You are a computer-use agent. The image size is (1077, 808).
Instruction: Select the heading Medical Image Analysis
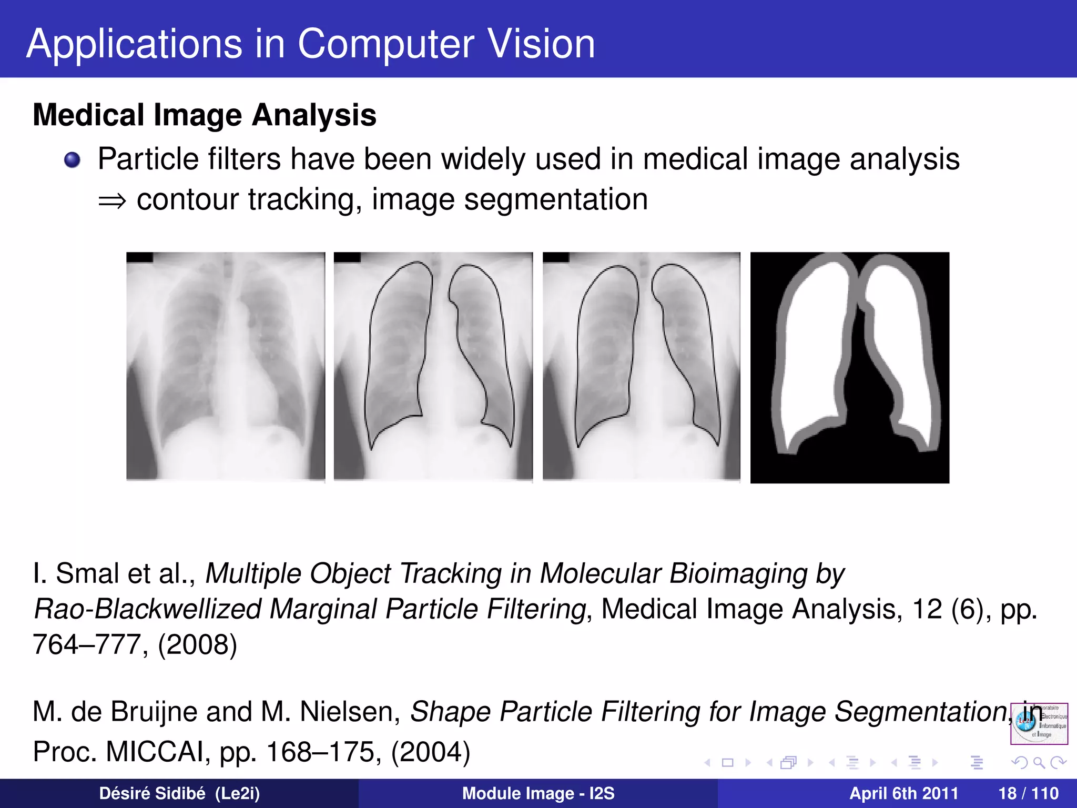(x=205, y=115)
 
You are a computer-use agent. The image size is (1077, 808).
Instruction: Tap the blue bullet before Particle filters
(x=72, y=160)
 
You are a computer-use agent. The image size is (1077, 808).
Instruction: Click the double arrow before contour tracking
(x=112, y=201)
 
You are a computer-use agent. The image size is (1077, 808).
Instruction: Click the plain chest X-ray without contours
(x=226, y=367)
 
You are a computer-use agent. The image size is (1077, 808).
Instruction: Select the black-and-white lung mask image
(x=849, y=367)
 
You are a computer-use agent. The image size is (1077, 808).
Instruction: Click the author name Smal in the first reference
(x=87, y=573)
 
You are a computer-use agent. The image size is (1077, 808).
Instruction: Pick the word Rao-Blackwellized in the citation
(x=147, y=609)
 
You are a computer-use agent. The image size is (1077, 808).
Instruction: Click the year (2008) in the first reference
(x=198, y=645)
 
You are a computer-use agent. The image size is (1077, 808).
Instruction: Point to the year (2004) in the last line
(x=430, y=752)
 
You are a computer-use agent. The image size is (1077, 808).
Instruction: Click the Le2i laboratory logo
(x=1039, y=723)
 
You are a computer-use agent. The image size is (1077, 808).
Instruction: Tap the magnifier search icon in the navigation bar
(x=1039, y=762)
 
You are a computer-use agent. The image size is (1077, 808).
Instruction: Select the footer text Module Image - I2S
(x=538, y=793)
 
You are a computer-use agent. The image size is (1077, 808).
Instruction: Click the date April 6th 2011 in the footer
(x=903, y=793)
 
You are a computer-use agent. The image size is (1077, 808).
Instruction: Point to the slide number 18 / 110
(x=1028, y=793)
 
